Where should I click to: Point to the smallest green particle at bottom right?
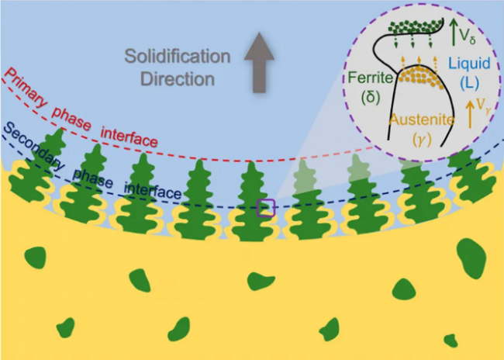click(450, 339)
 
